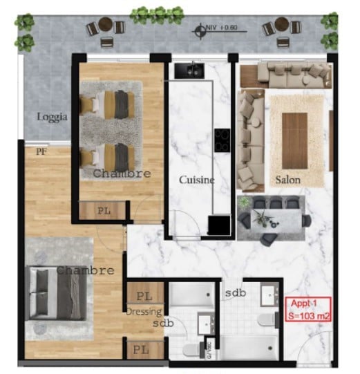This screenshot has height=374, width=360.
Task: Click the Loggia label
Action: [x=53, y=118]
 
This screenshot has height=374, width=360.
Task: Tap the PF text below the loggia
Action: [x=41, y=148]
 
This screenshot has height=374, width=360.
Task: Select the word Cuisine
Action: [x=196, y=180]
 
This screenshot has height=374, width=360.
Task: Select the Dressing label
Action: [x=144, y=312]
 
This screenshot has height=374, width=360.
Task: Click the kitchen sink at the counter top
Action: [x=188, y=69]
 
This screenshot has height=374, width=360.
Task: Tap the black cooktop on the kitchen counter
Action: [x=222, y=140]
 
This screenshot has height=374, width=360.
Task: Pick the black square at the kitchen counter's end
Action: [x=220, y=225]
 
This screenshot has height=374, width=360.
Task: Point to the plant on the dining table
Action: [x=260, y=218]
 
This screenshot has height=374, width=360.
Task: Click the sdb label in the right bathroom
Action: [x=236, y=293]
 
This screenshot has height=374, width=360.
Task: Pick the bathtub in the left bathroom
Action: [x=191, y=294]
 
